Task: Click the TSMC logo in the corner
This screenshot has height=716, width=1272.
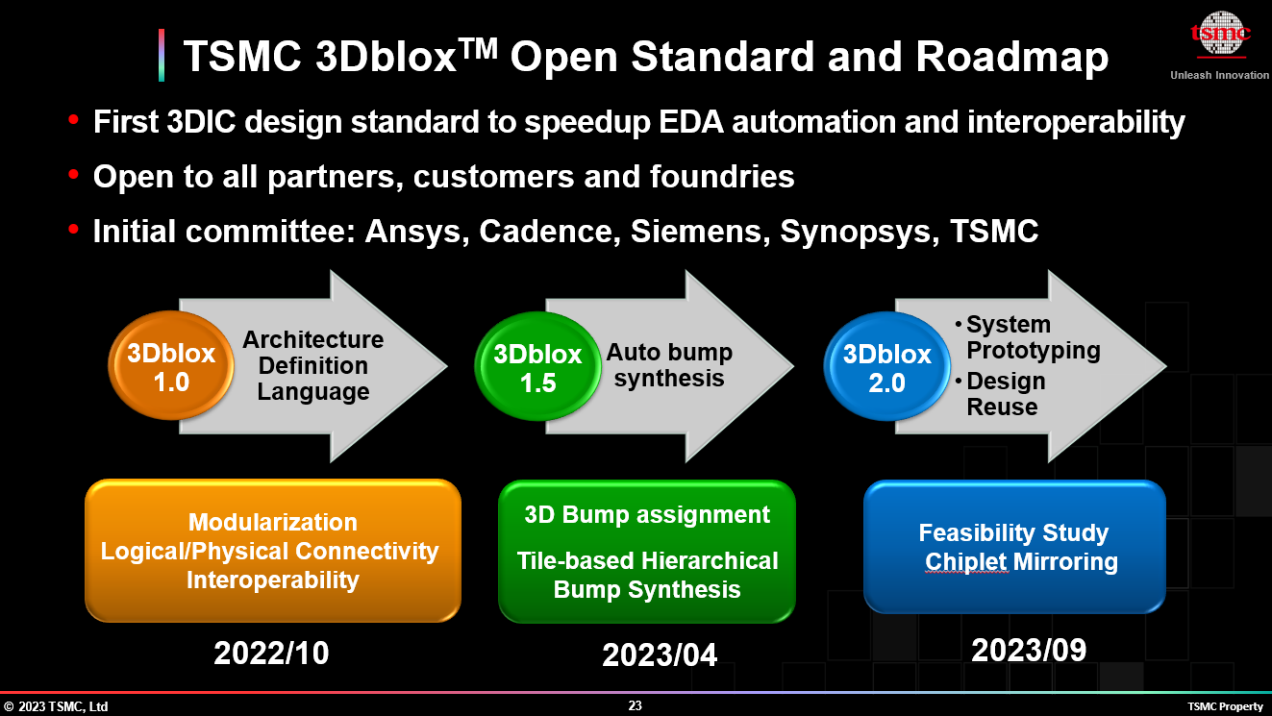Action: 1220,34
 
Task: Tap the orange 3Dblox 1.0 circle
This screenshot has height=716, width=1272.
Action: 171,365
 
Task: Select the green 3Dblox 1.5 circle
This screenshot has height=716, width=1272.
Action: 537,366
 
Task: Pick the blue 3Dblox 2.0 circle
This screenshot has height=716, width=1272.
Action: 887,366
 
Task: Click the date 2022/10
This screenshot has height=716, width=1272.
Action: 271,653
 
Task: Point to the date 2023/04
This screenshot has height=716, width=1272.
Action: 660,655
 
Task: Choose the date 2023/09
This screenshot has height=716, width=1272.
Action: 1029,650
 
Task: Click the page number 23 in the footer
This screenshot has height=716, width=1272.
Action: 635,705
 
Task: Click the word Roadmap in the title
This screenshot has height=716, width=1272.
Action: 1011,57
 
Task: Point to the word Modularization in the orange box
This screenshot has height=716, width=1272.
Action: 273,523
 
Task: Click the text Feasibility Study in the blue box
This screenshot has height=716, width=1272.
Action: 1013,533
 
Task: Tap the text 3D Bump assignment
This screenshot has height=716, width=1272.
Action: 647,515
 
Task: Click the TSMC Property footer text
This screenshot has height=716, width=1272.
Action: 1225,707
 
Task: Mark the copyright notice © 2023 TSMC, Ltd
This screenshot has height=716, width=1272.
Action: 56,707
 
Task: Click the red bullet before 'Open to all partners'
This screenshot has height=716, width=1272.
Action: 73,174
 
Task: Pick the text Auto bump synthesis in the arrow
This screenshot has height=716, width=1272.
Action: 669,365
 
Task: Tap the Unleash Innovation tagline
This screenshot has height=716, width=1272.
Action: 1220,75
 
